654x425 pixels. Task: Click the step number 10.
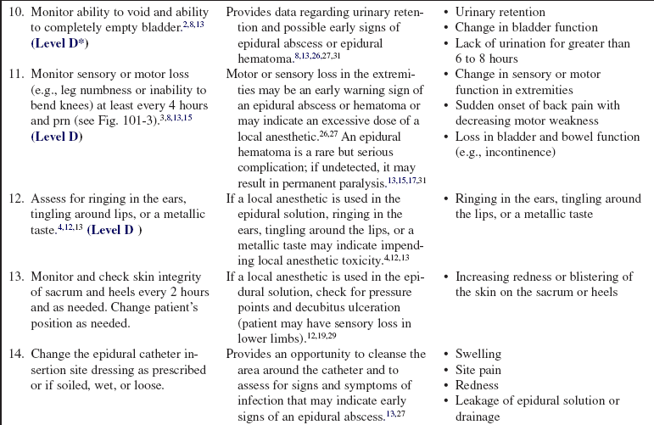(x=14, y=13)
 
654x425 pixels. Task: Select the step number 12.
(x=14, y=199)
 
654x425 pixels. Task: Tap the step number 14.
(x=14, y=353)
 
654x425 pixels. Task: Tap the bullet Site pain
(x=478, y=370)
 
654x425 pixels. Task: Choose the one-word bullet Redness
(x=477, y=385)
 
